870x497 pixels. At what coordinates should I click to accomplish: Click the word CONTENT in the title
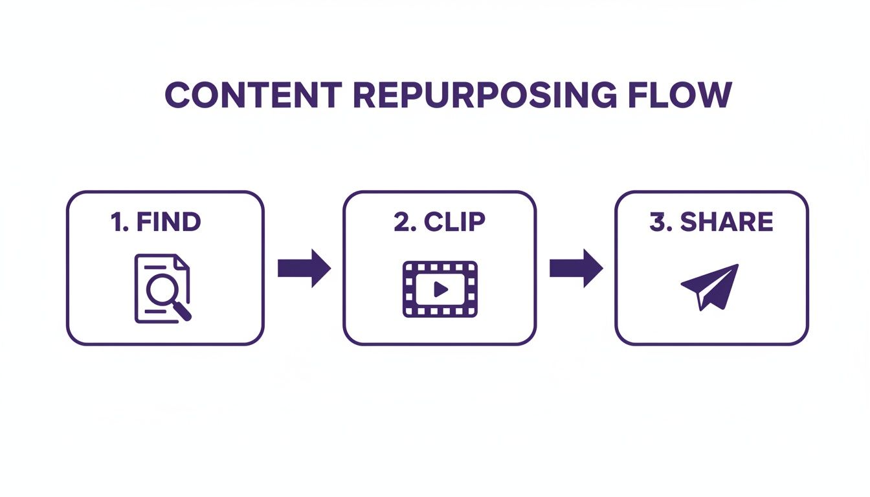coord(253,95)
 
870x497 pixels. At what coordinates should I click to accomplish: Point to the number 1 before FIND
coord(117,222)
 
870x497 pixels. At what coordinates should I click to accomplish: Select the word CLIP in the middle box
coord(454,222)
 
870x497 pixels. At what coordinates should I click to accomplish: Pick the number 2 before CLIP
coord(402,222)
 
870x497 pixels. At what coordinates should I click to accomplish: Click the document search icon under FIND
coord(162,288)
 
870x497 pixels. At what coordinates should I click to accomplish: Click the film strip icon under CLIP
coord(440,289)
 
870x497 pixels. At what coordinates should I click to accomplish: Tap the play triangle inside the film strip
coord(441,289)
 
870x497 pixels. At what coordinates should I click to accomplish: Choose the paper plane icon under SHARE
coord(710,286)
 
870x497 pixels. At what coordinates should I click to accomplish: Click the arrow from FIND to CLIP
coord(304,268)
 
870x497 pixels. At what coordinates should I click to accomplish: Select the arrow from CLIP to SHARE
coord(576,268)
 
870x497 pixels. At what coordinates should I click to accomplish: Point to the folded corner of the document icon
coord(183,261)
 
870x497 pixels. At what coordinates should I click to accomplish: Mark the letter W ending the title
coord(714,95)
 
